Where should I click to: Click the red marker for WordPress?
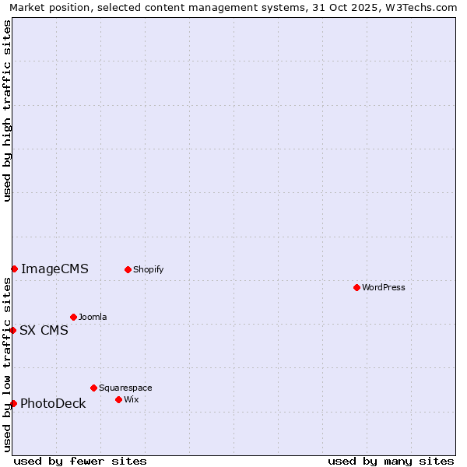[356, 287]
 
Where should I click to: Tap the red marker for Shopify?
[128, 269]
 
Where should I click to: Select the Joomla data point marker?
[73, 317]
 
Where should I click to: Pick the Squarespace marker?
[93, 388]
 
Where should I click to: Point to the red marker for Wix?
[118, 399]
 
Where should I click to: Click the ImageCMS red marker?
[14, 269]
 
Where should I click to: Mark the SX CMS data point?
[12, 330]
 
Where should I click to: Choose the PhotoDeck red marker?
[13, 403]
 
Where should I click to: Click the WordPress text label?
[384, 287]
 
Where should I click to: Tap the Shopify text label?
[148, 269]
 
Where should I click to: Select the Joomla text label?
[93, 317]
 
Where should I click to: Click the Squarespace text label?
[125, 388]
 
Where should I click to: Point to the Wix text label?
[131, 399]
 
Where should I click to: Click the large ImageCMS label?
[54, 269]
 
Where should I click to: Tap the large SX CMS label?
[44, 330]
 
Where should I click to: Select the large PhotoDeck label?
[53, 403]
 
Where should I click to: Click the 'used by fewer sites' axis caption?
[80, 461]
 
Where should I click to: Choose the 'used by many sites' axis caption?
[391, 461]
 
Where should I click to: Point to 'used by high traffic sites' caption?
[7, 111]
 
